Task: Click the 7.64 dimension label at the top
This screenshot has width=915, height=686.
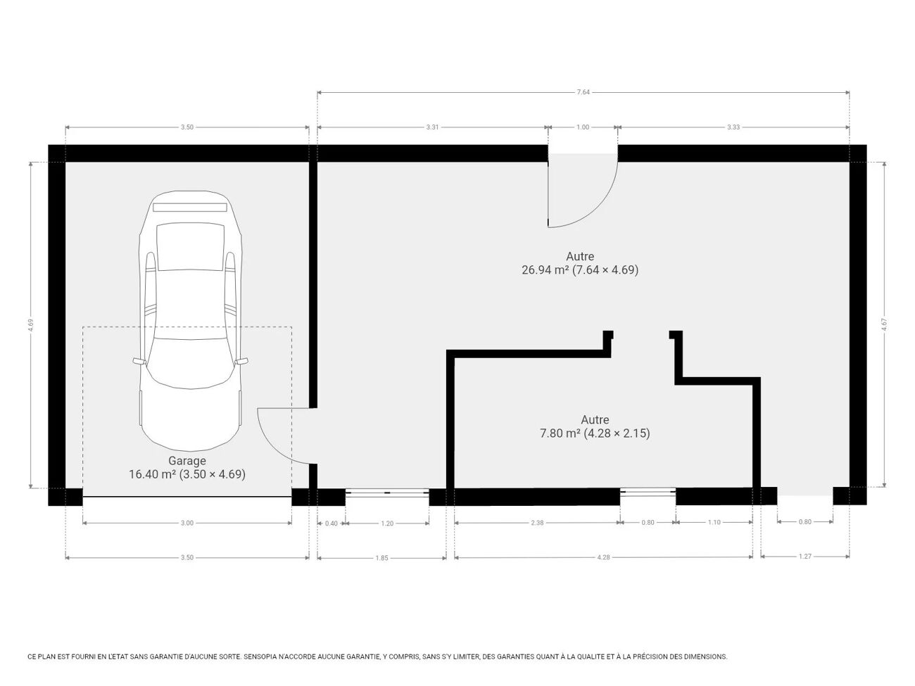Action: (x=583, y=92)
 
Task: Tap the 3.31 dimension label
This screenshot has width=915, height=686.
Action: (x=432, y=127)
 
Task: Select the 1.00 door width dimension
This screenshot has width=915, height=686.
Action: (x=583, y=127)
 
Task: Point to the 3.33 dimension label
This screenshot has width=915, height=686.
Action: (x=733, y=127)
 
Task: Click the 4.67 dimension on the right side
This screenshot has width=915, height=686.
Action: (x=884, y=324)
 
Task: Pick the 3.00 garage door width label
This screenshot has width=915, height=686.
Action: (x=187, y=523)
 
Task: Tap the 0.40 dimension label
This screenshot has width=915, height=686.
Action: (x=332, y=523)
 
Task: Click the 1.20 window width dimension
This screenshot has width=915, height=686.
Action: (x=387, y=523)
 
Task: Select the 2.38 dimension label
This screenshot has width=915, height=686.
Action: (x=537, y=523)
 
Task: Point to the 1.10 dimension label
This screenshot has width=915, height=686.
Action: (x=714, y=522)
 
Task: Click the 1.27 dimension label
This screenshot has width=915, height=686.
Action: (x=805, y=557)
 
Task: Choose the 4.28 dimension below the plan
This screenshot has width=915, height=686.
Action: (x=603, y=557)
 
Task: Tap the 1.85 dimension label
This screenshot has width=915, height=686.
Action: (x=382, y=558)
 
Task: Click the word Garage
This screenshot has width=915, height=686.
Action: (x=187, y=461)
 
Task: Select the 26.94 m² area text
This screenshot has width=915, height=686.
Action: (x=545, y=270)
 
